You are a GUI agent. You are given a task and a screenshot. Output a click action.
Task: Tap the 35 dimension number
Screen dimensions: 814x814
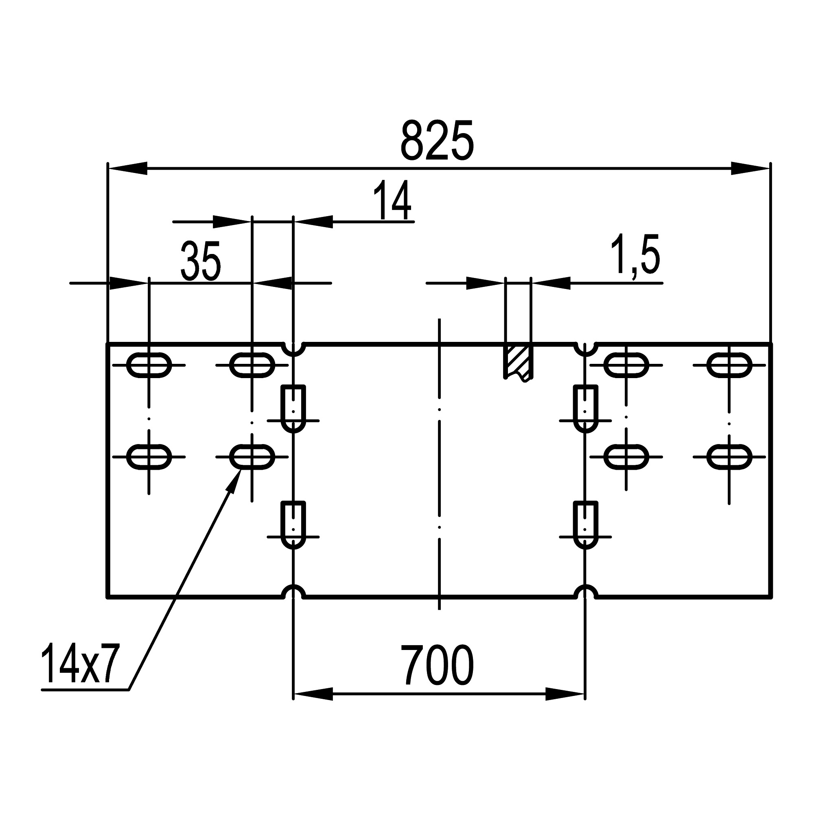point(201,261)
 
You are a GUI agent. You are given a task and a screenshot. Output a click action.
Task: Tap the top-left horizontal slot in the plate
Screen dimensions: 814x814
point(149,365)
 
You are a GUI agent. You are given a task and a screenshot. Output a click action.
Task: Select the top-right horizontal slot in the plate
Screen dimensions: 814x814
point(729,365)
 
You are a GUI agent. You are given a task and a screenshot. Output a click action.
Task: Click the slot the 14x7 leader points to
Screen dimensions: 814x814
point(252,456)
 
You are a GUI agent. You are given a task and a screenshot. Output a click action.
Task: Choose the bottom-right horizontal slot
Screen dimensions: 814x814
point(729,456)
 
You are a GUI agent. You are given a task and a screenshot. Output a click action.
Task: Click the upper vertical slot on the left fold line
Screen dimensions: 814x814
point(293,408)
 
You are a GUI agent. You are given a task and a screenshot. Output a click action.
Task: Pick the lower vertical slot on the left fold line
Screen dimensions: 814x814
point(293,525)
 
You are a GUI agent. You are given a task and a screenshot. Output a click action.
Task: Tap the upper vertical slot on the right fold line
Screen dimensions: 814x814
point(585,408)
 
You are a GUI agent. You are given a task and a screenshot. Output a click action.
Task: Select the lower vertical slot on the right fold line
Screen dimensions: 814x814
point(585,525)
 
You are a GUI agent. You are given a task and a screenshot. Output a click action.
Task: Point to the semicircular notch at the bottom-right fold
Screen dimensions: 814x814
point(585,591)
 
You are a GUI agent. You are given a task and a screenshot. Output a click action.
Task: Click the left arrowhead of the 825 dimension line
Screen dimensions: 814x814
point(127,168)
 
